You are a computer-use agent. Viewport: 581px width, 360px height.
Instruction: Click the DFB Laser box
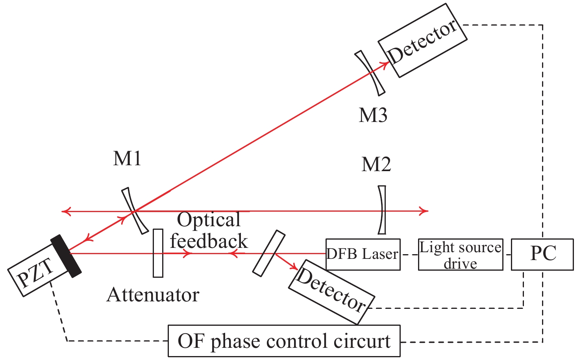coord(363,254)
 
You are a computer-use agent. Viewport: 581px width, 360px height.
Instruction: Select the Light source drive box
coord(460,255)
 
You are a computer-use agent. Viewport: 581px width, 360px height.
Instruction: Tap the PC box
coord(542,254)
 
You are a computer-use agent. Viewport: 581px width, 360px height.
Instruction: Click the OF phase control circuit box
coord(284,341)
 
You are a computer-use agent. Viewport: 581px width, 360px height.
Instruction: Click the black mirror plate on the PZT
coord(66,256)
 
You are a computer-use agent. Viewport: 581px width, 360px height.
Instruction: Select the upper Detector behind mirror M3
coord(422,41)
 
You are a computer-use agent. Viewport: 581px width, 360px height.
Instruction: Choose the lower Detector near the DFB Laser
coord(331,292)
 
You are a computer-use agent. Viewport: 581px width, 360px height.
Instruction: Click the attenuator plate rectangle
coord(158,253)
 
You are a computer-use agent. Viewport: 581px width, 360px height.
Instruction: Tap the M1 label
coord(127,159)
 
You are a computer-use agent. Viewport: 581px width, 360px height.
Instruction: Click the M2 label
coord(376,164)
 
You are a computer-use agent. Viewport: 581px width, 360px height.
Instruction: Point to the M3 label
coord(373,115)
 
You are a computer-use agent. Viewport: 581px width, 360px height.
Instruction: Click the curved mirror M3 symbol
coord(370,73)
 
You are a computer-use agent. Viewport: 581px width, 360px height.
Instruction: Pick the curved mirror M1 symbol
coord(135,211)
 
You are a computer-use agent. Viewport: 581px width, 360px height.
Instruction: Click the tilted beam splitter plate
coord(268,253)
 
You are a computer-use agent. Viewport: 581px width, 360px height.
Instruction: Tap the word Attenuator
coord(153,295)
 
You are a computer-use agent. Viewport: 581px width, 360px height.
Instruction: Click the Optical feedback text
coord(209,231)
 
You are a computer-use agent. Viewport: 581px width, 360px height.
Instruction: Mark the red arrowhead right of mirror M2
coord(424,211)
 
